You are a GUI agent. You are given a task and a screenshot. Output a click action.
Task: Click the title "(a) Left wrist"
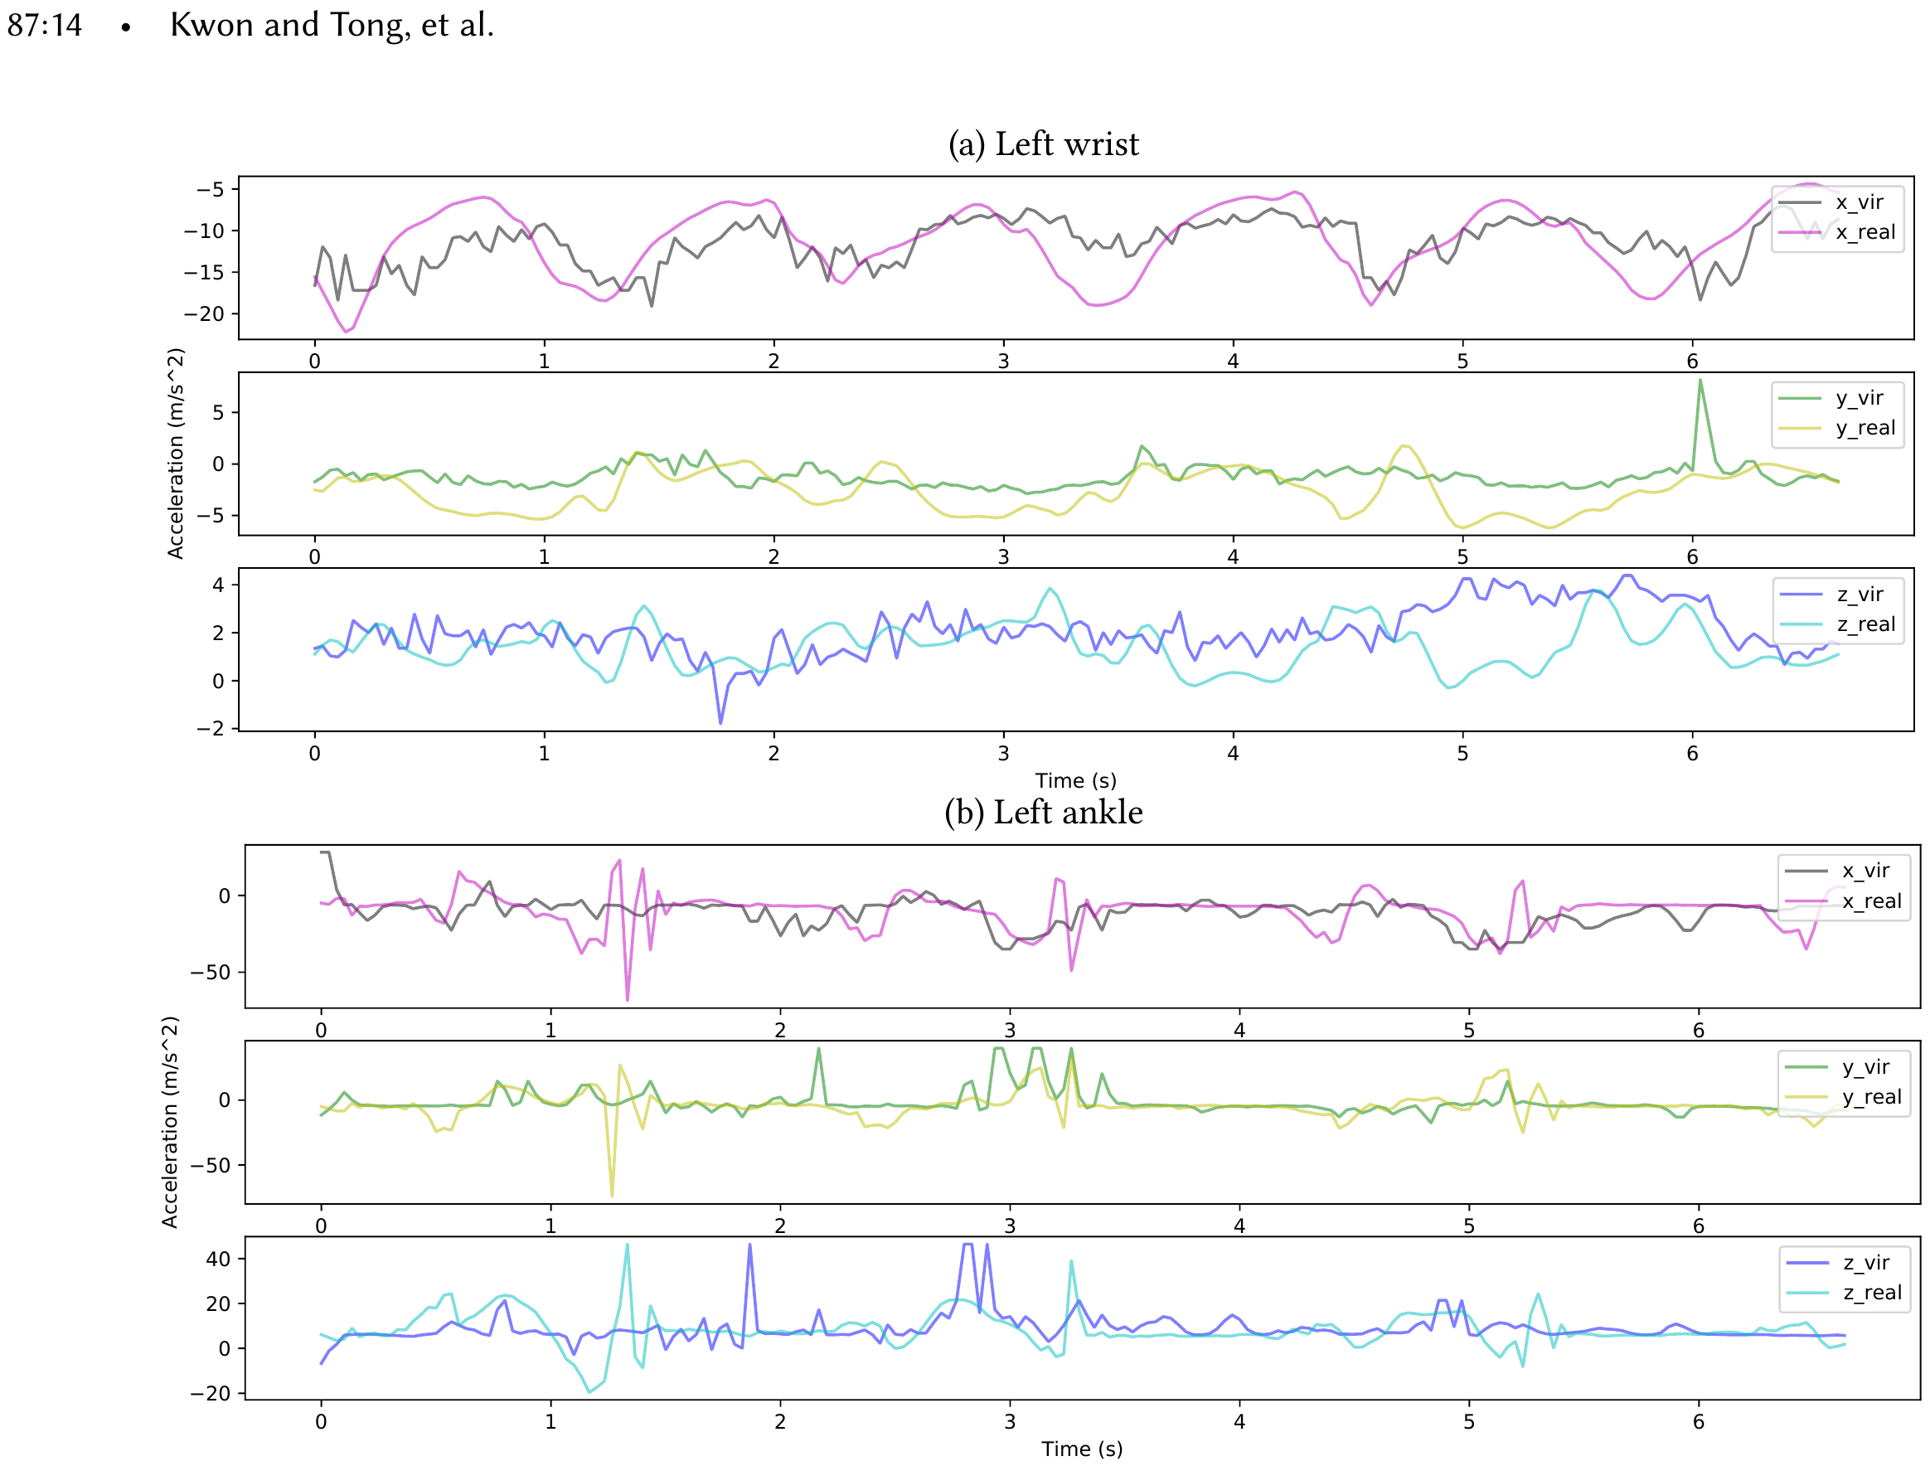[x=1044, y=144]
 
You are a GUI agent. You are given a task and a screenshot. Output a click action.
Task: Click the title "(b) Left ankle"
[x=1044, y=813]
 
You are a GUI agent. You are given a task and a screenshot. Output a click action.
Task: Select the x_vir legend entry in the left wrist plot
[x=1859, y=202]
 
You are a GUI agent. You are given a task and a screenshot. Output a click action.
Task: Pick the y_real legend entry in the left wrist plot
[x=1865, y=428]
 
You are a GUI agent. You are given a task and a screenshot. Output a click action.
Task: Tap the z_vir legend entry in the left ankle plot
[x=1865, y=1263]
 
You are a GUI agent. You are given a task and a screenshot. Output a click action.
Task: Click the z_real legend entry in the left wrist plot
[x=1865, y=624]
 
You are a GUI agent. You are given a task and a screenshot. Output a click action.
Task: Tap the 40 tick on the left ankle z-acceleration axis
[x=218, y=1260]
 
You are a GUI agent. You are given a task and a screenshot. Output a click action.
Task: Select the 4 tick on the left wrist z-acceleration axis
[x=218, y=585]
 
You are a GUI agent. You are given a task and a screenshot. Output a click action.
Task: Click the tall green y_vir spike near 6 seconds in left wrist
[x=1700, y=381]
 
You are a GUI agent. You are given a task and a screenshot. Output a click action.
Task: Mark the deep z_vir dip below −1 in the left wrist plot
[x=720, y=721]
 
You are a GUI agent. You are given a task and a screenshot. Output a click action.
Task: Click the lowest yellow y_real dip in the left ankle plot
[x=612, y=1194]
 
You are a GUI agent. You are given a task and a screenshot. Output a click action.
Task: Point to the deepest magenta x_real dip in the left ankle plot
[x=628, y=998]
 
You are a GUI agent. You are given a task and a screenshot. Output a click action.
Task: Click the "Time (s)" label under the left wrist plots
[x=1075, y=780]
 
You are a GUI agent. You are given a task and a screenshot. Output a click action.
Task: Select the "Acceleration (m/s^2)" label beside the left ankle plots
[x=170, y=1122]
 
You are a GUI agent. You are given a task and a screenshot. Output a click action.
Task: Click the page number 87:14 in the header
[x=45, y=24]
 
